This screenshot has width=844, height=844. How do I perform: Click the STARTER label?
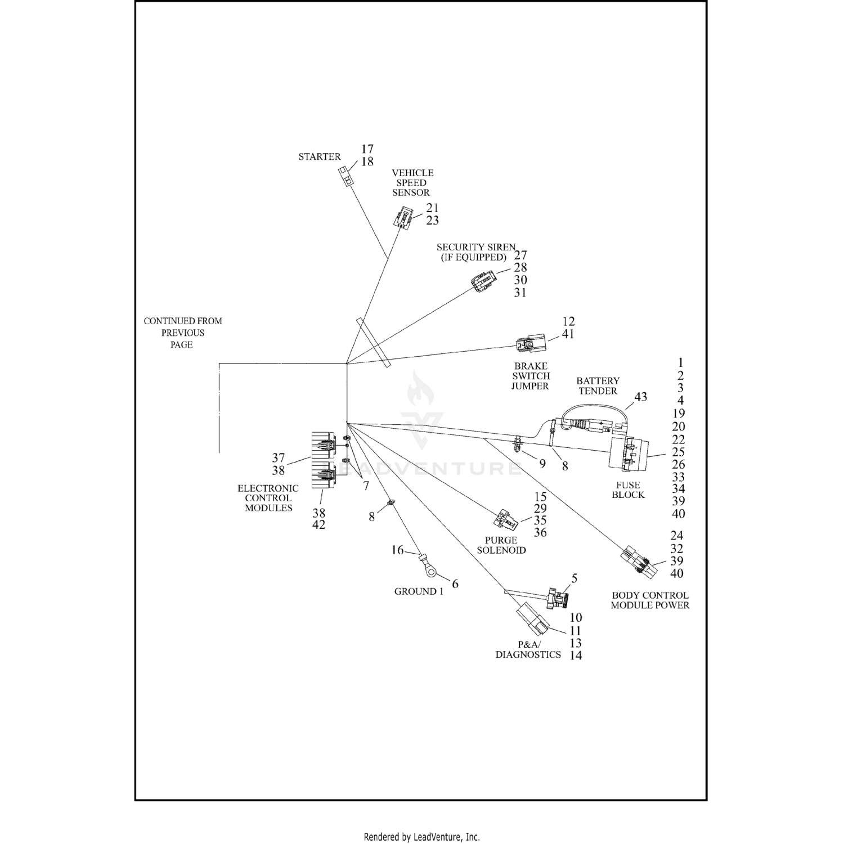tap(319, 157)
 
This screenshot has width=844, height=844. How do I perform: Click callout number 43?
tap(640, 397)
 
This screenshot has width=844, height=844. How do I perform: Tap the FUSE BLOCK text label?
tap(628, 490)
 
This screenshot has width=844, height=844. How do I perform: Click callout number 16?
tap(397, 550)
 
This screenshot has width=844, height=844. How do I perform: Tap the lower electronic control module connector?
tap(323, 474)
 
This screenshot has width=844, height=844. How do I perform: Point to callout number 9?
tap(542, 464)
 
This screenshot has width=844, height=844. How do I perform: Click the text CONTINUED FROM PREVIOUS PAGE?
tap(183, 333)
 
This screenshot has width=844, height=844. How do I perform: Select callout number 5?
tap(574, 578)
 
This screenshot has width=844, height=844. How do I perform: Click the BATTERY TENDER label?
tap(598, 386)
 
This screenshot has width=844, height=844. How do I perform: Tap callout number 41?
tap(568, 334)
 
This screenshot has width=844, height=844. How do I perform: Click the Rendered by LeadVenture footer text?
tap(421, 837)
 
